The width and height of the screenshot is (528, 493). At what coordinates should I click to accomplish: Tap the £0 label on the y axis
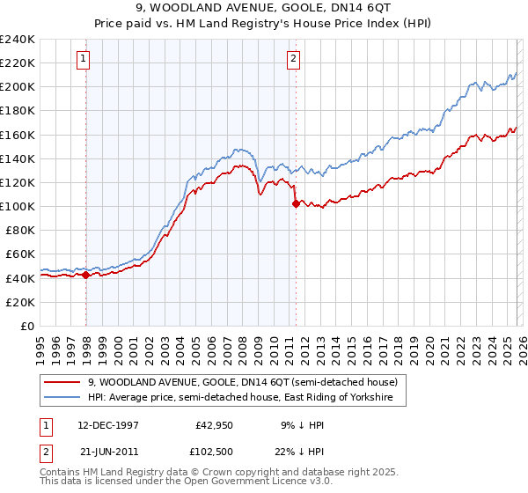pos(27,326)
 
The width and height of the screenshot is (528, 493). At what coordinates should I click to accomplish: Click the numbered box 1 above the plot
pos(83,59)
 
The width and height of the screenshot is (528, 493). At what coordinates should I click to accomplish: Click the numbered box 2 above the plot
pos(293,59)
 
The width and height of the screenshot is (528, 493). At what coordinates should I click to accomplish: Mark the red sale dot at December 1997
pos(86,275)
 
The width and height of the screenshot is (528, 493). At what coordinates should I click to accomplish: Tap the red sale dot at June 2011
pos(295,203)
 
